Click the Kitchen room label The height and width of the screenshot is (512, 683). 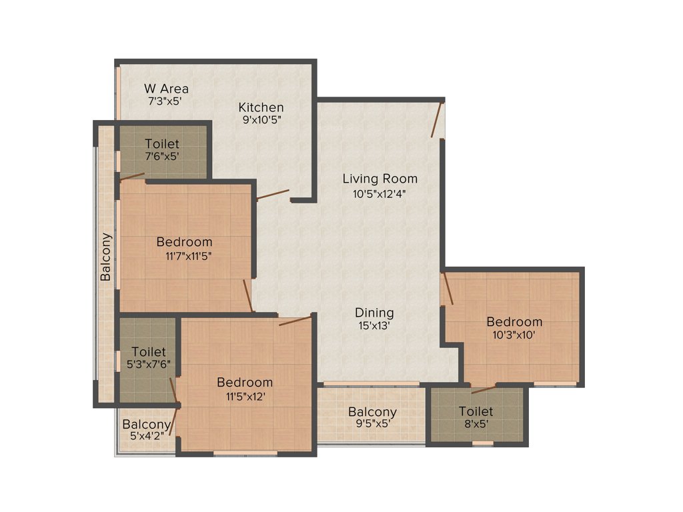pos(261,107)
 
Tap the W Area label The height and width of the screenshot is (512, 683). pos(166,89)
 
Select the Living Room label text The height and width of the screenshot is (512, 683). pos(380,179)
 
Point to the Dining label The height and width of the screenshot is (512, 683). pos(374,313)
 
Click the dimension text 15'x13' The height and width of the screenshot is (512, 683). pos(374,326)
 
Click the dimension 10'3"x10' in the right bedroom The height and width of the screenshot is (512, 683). pos(514,335)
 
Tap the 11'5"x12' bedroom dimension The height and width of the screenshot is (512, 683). pos(244,396)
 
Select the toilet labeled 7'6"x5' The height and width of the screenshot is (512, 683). pos(162,150)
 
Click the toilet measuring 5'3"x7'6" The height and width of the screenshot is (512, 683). pos(148,358)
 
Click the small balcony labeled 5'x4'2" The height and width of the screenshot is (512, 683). pos(144,430)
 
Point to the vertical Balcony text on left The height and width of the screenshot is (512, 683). pos(106,257)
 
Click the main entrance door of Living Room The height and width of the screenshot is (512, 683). pos(438,119)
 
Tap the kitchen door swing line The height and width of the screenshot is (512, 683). pos(273,195)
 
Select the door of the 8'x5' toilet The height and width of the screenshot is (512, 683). pos(483,389)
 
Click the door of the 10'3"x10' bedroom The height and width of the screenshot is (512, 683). pos(448,288)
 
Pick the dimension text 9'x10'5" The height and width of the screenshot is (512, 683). pos(261,121)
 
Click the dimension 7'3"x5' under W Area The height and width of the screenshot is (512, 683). pos(165,102)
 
